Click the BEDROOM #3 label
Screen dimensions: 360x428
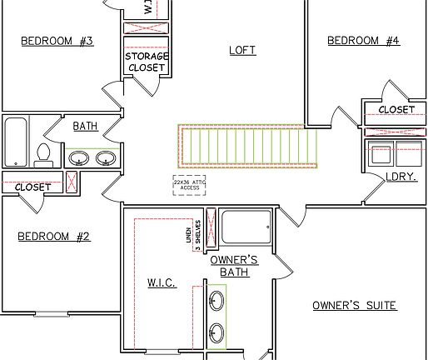pos(57,41)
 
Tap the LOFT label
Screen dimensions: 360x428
pos(242,50)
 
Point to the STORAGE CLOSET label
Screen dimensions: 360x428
pos(147,62)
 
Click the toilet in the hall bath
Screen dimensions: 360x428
pos(43,155)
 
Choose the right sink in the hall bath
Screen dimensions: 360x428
pos(106,158)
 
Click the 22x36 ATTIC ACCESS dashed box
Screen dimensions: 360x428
pos(187,185)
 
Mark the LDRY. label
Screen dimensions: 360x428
pos(401,177)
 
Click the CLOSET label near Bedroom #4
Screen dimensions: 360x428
pos(396,109)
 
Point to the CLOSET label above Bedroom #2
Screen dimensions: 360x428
pos(32,187)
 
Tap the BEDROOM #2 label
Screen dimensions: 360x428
pos(53,237)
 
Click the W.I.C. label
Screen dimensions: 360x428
pos(162,282)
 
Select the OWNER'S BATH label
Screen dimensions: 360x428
pos(239,266)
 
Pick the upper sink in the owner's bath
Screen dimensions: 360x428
pos(216,301)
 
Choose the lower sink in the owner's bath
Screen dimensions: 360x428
pos(216,330)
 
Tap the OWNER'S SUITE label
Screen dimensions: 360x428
pos(354,305)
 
